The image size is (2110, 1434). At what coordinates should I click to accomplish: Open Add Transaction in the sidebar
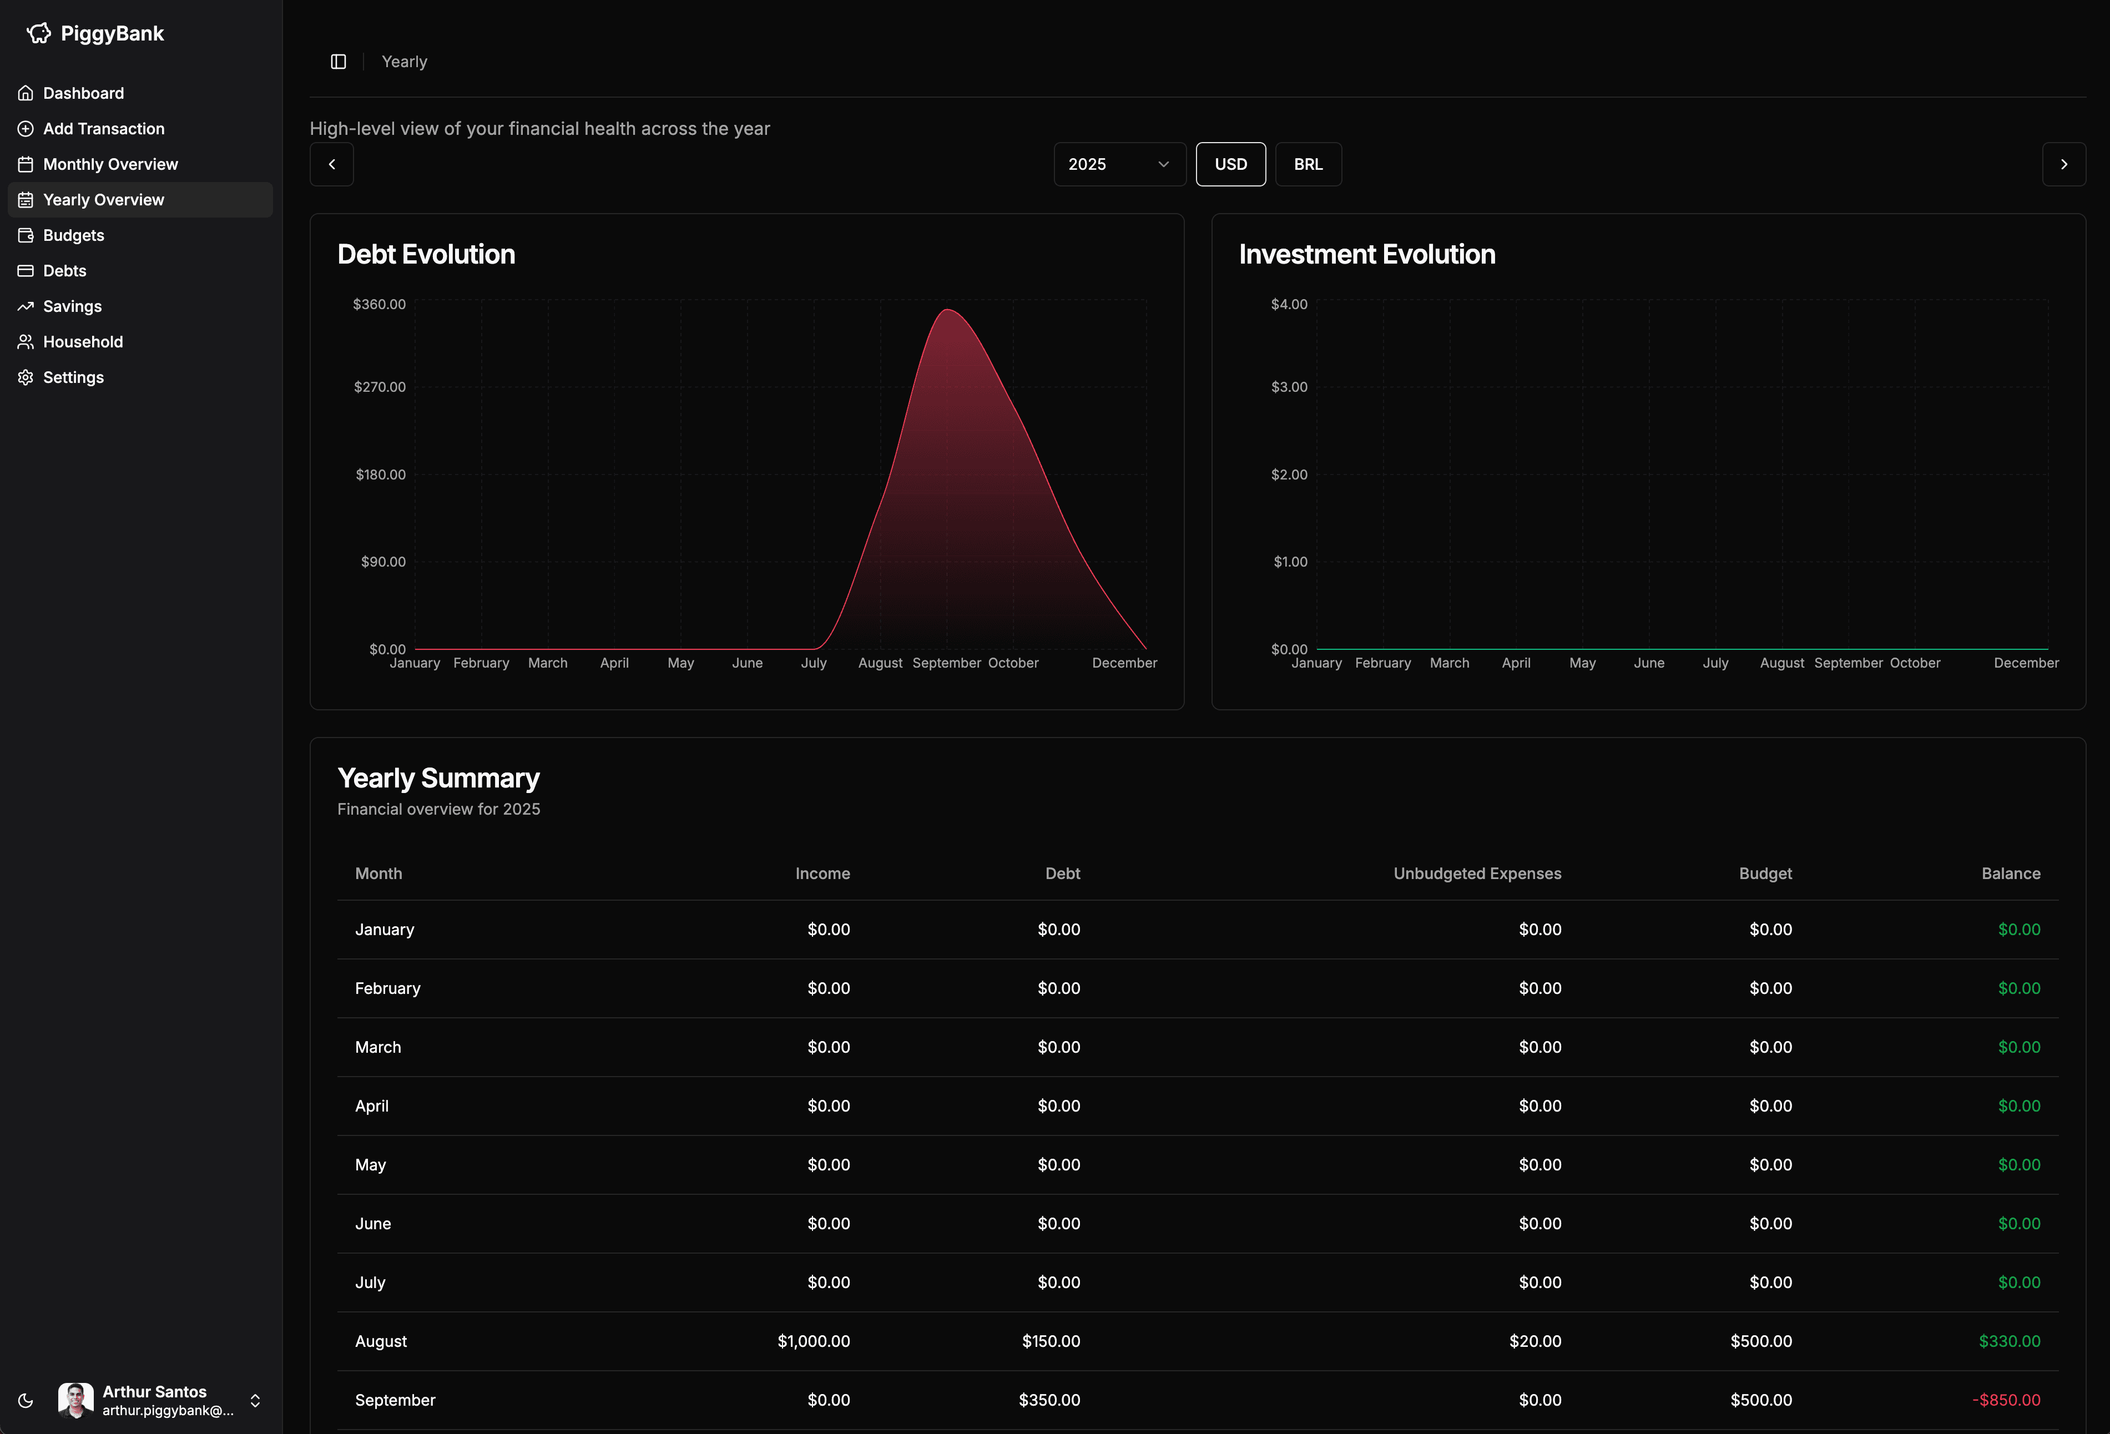tap(104, 129)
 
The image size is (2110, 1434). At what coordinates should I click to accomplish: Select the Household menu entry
tap(83, 341)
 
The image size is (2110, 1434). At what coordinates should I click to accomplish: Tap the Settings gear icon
tap(26, 377)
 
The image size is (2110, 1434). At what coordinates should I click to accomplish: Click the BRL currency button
tap(1308, 164)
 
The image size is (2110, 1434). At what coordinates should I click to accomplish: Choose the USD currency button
tap(1230, 164)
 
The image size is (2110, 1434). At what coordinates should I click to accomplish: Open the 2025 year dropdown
tap(1119, 164)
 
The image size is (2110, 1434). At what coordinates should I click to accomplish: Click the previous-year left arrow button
tap(331, 164)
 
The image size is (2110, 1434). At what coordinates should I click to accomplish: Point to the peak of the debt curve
tap(947, 311)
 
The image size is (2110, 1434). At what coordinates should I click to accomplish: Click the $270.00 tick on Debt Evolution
tap(380, 387)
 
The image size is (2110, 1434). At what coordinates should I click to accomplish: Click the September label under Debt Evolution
tap(946, 663)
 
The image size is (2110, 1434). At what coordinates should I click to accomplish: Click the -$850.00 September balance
tap(2006, 1400)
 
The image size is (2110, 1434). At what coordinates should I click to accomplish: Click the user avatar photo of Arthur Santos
tap(75, 1400)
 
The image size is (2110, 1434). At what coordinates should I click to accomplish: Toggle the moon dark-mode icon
tap(26, 1400)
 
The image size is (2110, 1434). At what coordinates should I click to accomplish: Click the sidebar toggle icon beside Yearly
tap(339, 62)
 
